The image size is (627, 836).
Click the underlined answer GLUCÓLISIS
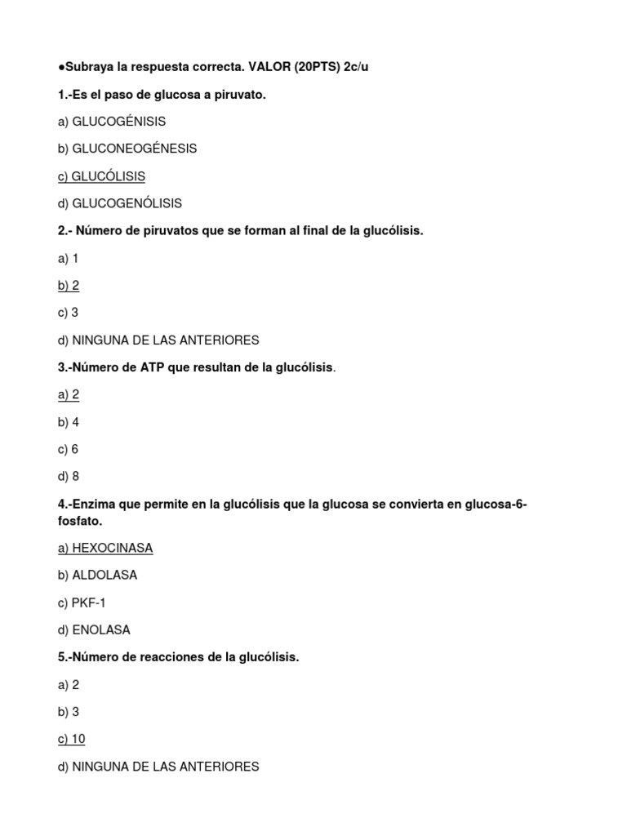(x=109, y=176)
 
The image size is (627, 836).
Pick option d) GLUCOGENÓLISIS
(x=119, y=203)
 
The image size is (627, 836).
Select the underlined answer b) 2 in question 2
(x=69, y=286)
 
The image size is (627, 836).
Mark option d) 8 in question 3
(x=69, y=477)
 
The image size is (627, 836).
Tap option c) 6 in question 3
(x=69, y=449)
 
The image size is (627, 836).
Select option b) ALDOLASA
(x=97, y=575)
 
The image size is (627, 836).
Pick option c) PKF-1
(x=82, y=603)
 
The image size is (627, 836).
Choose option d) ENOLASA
(x=94, y=630)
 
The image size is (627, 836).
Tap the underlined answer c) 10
(x=72, y=740)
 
